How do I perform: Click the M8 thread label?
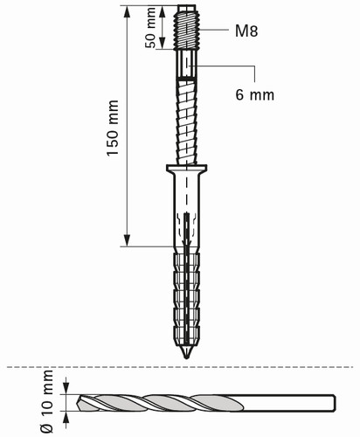click(246, 31)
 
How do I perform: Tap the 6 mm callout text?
click(255, 94)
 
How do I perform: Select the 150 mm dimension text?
click(113, 128)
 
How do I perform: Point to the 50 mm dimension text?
click(150, 28)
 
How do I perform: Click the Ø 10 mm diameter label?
click(47, 402)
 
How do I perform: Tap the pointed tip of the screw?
click(186, 357)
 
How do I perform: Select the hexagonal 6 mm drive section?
click(187, 64)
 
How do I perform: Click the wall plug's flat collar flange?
click(187, 168)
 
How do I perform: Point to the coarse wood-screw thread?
click(187, 121)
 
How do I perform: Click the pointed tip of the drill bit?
click(77, 404)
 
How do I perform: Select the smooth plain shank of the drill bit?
click(288, 403)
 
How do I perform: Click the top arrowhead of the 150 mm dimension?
click(127, 12)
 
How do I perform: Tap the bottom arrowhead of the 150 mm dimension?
click(127, 239)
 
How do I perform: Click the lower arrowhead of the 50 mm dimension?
click(163, 43)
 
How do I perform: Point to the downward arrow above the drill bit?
click(66, 386)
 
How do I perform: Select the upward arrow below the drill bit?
click(66, 420)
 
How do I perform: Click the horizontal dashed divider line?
click(180, 367)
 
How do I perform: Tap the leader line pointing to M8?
click(214, 30)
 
